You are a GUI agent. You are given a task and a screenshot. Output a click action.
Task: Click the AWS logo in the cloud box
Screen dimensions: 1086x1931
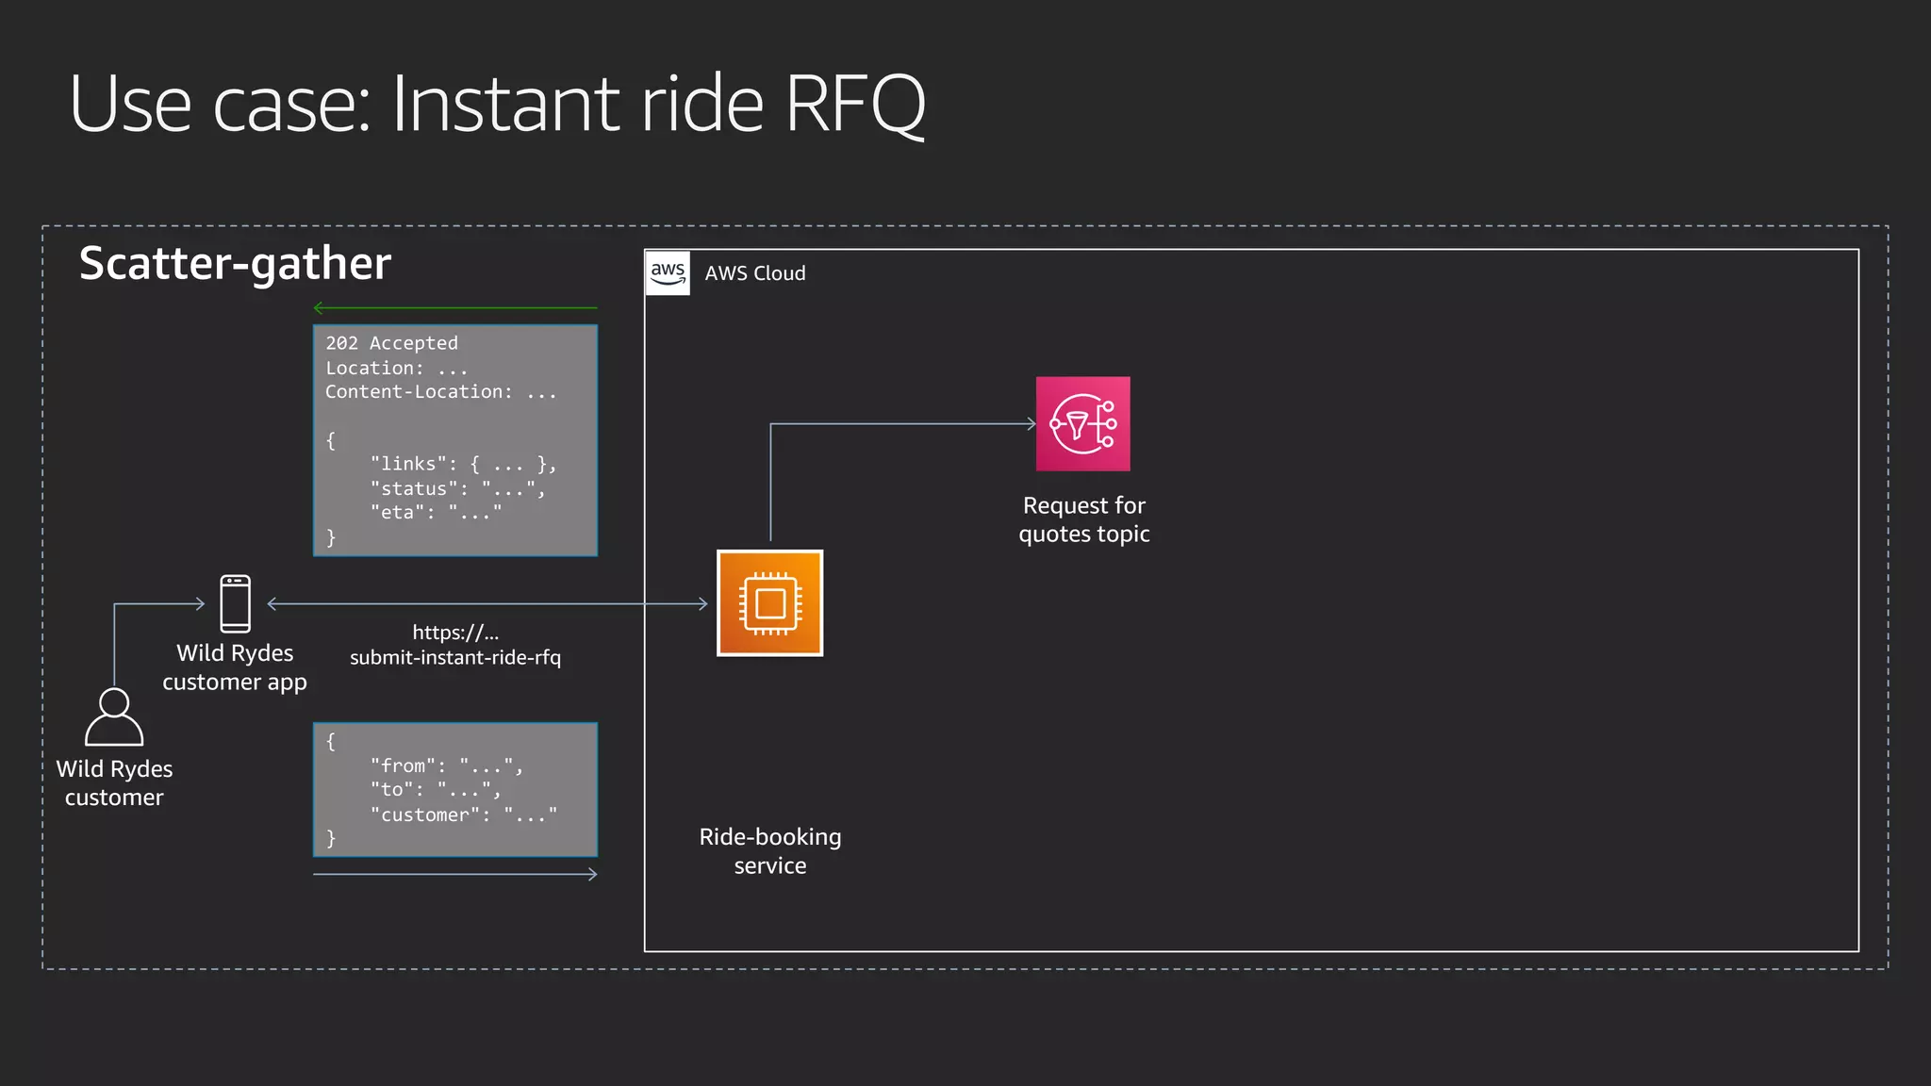coord(668,273)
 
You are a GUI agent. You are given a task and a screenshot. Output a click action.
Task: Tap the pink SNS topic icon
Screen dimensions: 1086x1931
coord(1082,424)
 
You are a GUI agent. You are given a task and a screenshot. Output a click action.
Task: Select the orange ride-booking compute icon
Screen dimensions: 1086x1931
coord(769,603)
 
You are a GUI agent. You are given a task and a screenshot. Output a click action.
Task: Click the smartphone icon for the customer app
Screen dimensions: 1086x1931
coord(235,603)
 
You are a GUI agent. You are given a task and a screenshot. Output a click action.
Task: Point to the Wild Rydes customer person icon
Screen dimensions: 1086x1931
coord(114,717)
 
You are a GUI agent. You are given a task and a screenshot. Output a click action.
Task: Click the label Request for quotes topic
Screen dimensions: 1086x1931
coord(1083,519)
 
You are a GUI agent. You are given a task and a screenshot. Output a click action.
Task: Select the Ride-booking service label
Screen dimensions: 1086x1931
coord(769,850)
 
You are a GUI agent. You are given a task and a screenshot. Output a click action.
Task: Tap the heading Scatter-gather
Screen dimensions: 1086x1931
coord(235,263)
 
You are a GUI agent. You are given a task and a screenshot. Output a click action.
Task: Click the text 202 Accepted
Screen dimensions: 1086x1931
coord(391,343)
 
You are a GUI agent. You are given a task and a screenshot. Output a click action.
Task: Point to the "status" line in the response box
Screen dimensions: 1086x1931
coord(457,488)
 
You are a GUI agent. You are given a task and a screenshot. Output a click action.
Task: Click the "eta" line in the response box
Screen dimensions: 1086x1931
coord(436,513)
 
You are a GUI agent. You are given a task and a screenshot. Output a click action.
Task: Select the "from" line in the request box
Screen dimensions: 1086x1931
coord(446,765)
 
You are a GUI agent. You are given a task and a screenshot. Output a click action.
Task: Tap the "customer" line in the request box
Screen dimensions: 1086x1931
coord(463,814)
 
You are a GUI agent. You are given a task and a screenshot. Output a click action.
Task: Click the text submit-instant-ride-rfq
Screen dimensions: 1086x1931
coord(454,658)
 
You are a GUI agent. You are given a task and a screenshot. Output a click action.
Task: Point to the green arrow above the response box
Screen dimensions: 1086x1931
coord(454,308)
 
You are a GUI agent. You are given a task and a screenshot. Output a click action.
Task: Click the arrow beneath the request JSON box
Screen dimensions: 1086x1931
coord(454,875)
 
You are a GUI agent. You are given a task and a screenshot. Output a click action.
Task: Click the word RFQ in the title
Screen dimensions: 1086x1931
coord(854,104)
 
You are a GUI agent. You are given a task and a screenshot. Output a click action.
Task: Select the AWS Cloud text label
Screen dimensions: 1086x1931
coord(754,273)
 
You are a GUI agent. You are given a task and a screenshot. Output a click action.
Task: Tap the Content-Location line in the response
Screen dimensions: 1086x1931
coord(440,392)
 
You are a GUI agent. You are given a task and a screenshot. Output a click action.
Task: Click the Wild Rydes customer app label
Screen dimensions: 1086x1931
coord(235,667)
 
